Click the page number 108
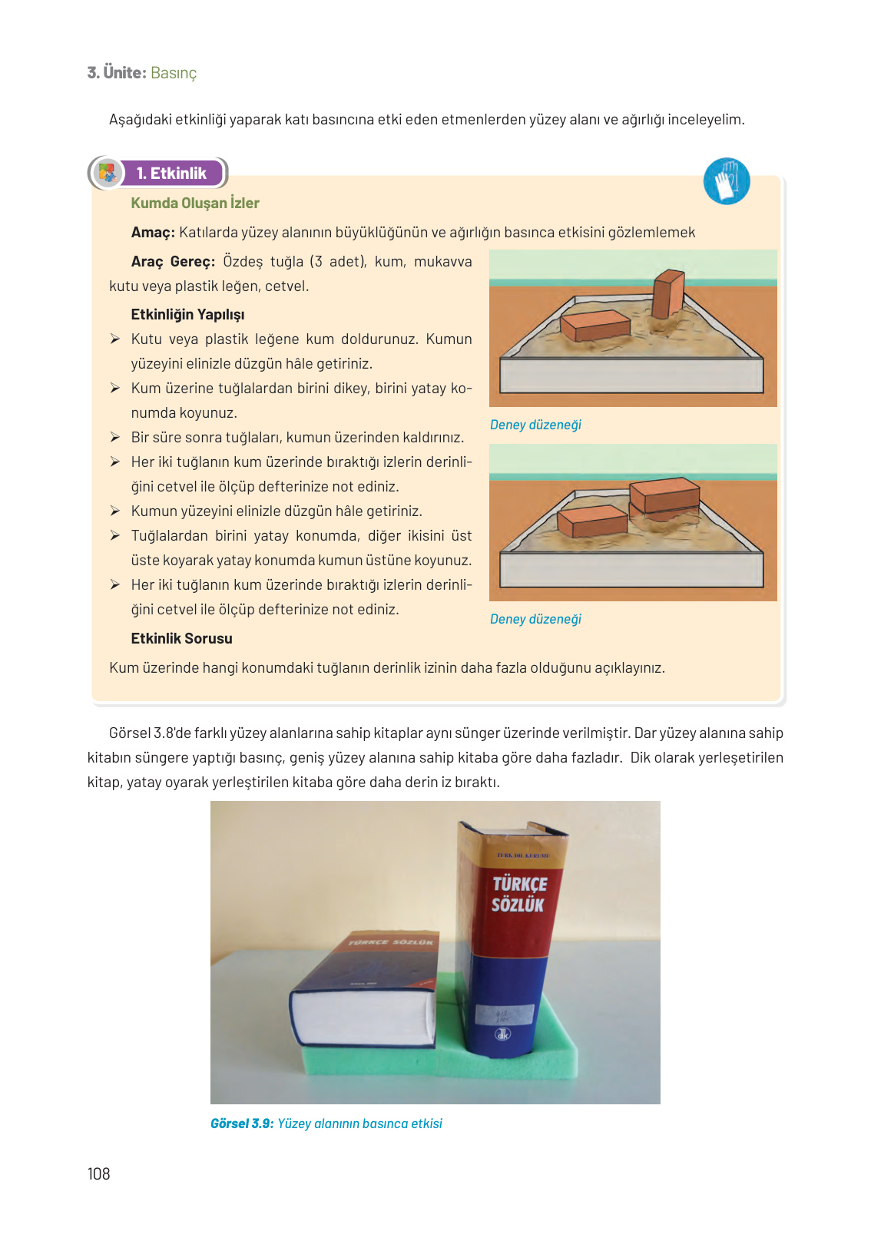(98, 1173)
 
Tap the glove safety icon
(726, 181)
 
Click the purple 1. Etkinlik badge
(171, 174)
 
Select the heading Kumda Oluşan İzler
(195, 203)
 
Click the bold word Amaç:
(153, 233)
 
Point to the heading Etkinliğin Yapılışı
(187, 314)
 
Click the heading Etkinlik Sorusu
(181, 638)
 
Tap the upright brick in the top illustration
(667, 294)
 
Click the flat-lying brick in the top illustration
(595, 325)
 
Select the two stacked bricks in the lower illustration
(664, 496)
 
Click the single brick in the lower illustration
(592, 521)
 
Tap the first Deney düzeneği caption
(535, 425)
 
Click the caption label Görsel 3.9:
(242, 1124)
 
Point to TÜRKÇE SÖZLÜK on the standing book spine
(519, 895)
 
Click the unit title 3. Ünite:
(117, 73)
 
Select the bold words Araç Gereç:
(173, 262)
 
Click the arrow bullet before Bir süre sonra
(114, 437)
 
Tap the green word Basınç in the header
(174, 73)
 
